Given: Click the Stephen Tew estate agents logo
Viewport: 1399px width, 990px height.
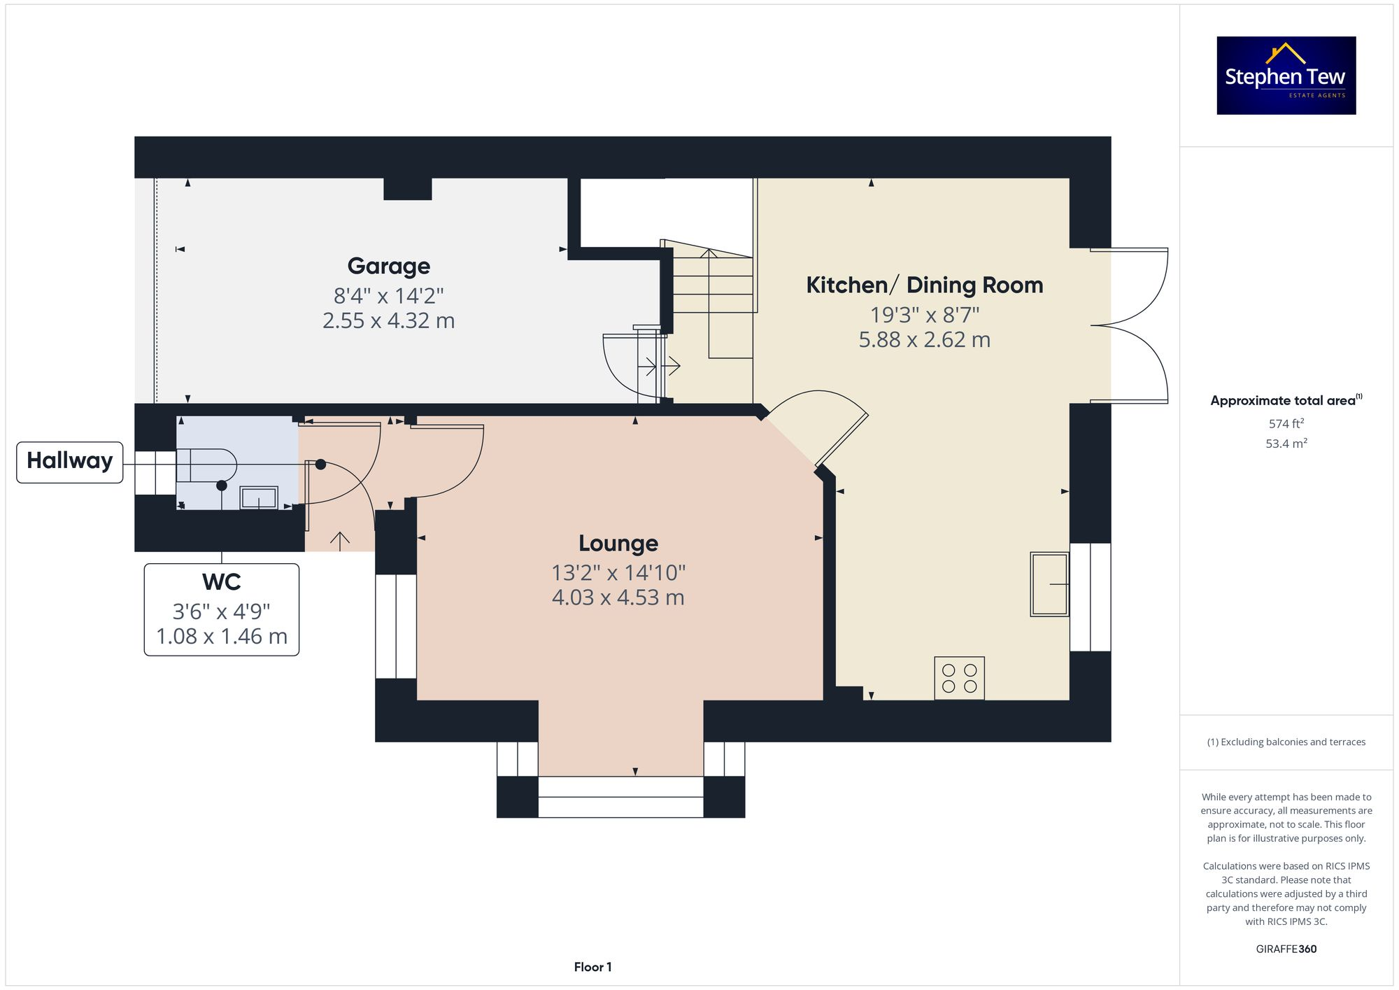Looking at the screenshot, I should (1286, 76).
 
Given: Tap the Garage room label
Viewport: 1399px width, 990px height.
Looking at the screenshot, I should (389, 266).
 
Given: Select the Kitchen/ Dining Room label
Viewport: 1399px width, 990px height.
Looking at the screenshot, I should (924, 285).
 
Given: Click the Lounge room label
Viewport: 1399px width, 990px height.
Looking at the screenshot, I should (618, 543).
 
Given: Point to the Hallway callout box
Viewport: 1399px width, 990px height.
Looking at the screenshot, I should (69, 461).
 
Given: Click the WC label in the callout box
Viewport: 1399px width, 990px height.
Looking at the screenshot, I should (221, 582).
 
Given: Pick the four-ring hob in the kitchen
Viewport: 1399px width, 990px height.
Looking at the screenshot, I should (959, 678).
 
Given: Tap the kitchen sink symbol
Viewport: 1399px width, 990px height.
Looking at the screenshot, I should (1049, 584).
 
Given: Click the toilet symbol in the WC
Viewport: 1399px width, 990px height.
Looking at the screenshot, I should (206, 465).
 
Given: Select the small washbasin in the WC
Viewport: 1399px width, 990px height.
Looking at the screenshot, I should (259, 498).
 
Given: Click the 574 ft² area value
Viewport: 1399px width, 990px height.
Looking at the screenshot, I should (1286, 423).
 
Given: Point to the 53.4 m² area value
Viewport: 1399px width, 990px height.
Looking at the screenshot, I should (1286, 443).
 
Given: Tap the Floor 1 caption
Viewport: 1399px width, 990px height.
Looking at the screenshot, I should (592, 967).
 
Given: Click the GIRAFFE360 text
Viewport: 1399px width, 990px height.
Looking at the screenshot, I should (1286, 949).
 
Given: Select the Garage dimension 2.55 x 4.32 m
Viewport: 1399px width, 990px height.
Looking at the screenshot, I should (388, 320).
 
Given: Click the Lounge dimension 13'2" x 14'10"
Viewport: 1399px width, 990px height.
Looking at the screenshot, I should (618, 573).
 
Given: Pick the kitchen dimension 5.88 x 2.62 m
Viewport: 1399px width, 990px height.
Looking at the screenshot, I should (924, 340).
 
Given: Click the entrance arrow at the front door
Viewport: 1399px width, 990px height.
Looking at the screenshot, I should (340, 541).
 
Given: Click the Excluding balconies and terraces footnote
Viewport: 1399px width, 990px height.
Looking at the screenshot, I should (1286, 742).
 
